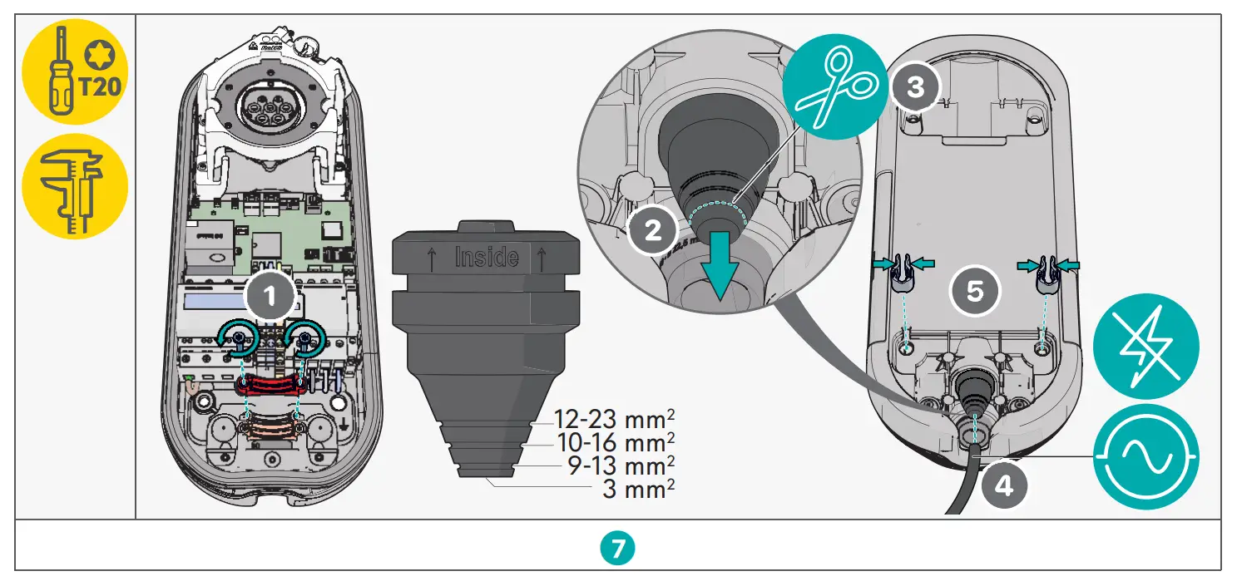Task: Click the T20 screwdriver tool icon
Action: (74, 73)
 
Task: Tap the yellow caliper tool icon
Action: (74, 186)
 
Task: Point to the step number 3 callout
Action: (915, 86)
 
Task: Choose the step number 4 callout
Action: (1005, 485)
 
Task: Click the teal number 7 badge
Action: (618, 547)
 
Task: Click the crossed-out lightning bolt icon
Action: (1145, 348)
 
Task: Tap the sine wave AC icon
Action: (1145, 455)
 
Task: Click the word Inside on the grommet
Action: (487, 257)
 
